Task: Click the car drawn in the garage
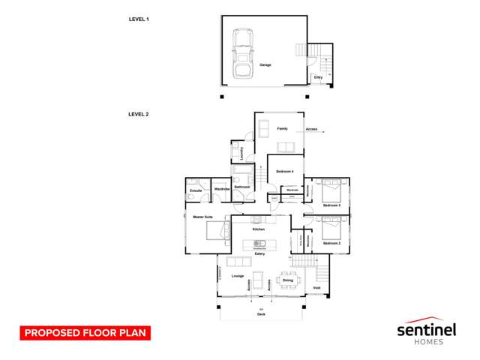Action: [244, 53]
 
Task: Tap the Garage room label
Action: [265, 65]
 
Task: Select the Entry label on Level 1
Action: [318, 77]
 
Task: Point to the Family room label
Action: [283, 129]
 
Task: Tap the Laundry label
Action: [241, 152]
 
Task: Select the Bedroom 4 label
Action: [284, 172]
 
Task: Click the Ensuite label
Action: [196, 190]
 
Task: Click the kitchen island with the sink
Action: [259, 244]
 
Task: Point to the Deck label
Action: [261, 315]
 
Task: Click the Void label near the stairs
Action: [316, 287]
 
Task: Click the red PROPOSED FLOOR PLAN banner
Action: [85, 332]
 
